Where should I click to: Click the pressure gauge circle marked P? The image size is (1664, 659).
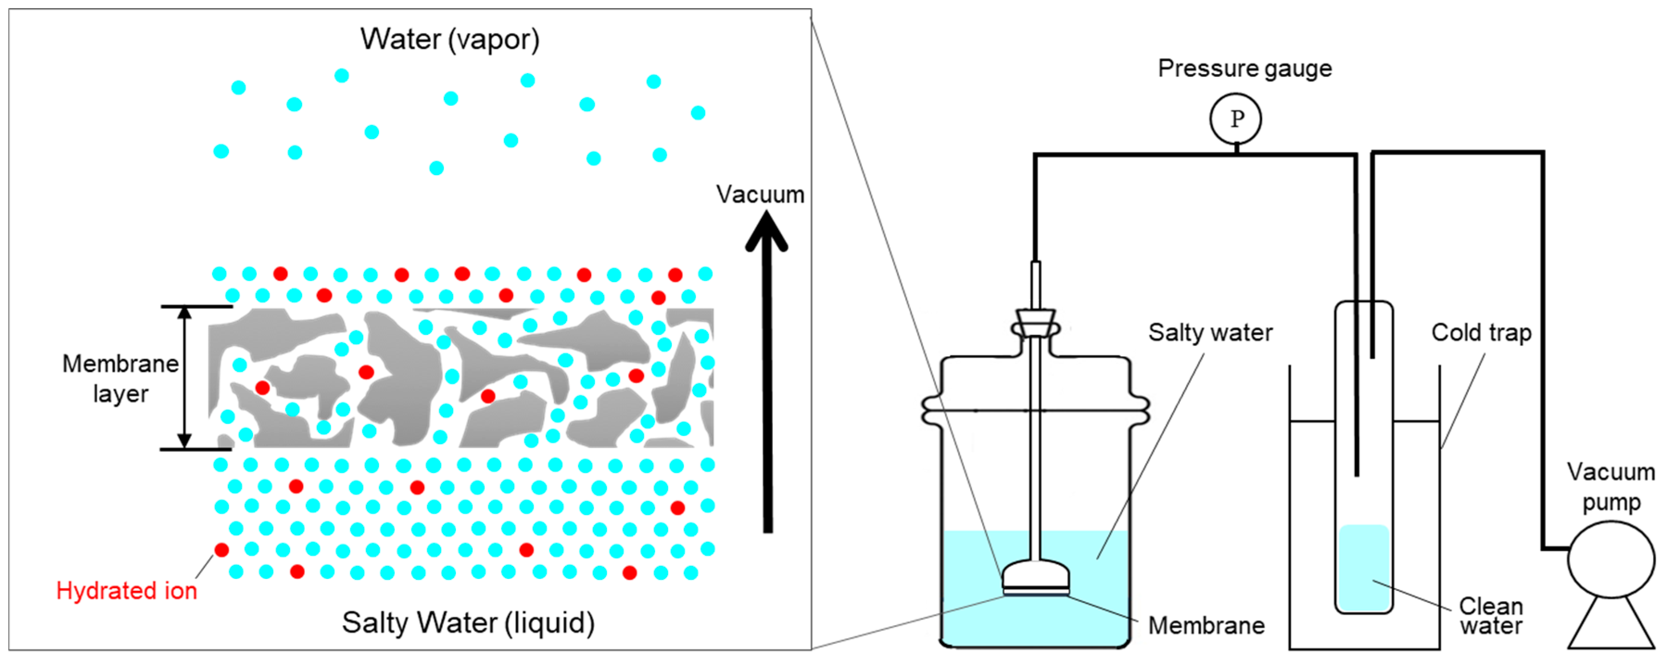[x=1235, y=118]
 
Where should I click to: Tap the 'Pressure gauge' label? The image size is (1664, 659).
[x=1244, y=69]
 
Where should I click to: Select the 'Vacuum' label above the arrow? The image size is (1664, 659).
[x=760, y=195]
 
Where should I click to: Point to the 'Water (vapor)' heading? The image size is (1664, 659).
[x=450, y=39]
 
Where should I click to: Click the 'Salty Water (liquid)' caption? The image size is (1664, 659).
[x=468, y=623]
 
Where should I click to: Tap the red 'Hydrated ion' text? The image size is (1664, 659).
[x=126, y=590]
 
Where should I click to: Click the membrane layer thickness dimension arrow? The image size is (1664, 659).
[x=185, y=377]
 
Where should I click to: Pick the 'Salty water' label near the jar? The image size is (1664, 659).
[x=1210, y=333]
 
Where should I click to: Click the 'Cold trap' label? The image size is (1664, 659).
[x=1481, y=333]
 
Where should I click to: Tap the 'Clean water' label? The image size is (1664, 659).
[x=1491, y=615]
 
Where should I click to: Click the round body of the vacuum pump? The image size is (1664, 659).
[x=1611, y=559]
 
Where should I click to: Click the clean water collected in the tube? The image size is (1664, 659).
[x=1364, y=568]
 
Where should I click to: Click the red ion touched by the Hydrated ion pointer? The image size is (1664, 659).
[x=221, y=550]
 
